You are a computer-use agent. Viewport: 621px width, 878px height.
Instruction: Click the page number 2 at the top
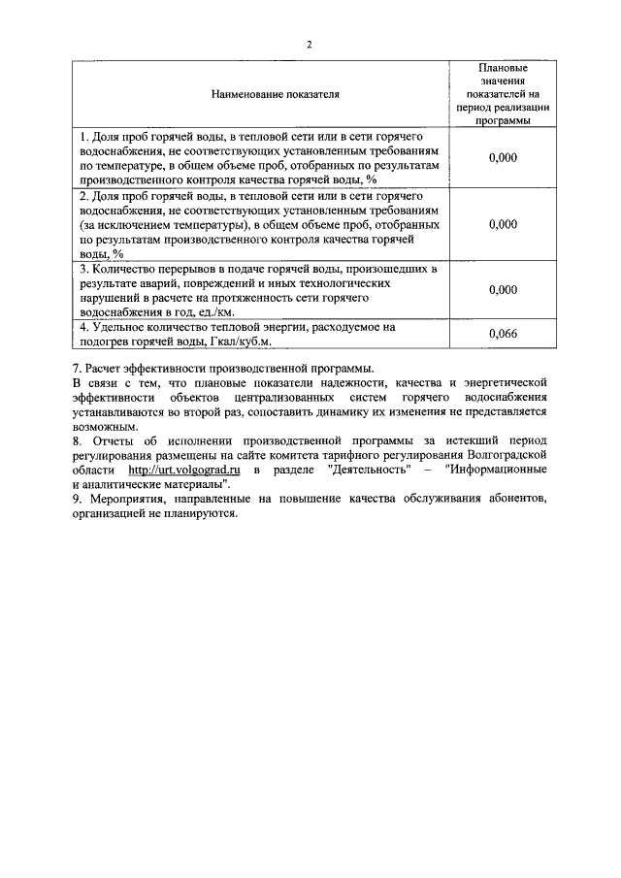[x=309, y=46]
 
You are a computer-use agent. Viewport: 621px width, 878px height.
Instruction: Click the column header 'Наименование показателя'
[x=260, y=96]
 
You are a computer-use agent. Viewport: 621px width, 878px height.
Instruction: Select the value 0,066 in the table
[x=503, y=335]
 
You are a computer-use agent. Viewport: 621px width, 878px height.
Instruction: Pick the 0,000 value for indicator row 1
[x=503, y=157]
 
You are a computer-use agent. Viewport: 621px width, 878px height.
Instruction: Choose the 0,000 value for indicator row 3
[x=503, y=289]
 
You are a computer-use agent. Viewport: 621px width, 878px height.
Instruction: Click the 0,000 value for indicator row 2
[x=503, y=224]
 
